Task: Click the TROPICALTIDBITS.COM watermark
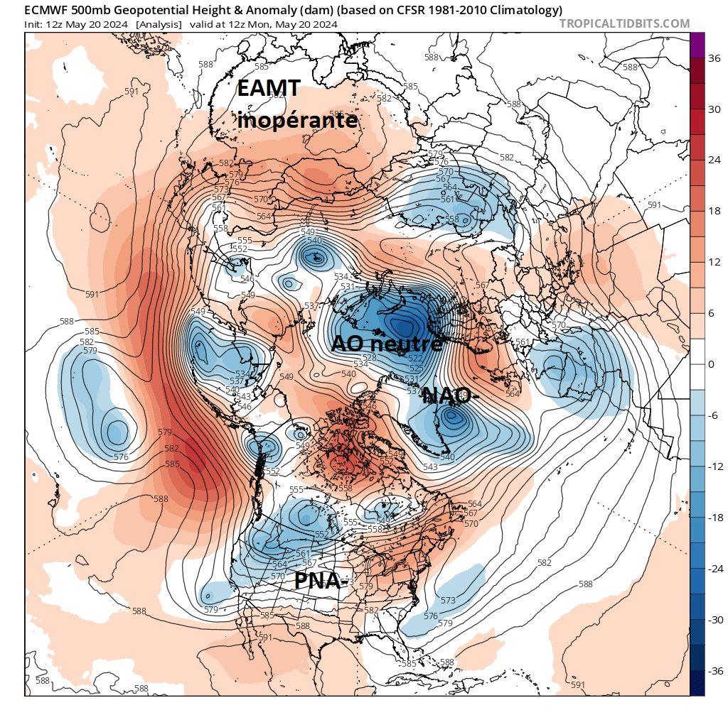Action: coord(624,23)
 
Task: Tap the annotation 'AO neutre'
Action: coord(387,344)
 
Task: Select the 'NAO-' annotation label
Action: coord(446,396)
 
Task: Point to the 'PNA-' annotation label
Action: coord(321,581)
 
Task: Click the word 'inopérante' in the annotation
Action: coord(297,120)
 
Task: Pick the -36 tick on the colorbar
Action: coord(713,670)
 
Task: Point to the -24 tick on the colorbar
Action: coord(713,569)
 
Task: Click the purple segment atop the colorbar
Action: coord(697,45)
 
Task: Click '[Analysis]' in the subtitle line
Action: coord(158,24)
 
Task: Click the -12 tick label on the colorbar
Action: coord(713,466)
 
